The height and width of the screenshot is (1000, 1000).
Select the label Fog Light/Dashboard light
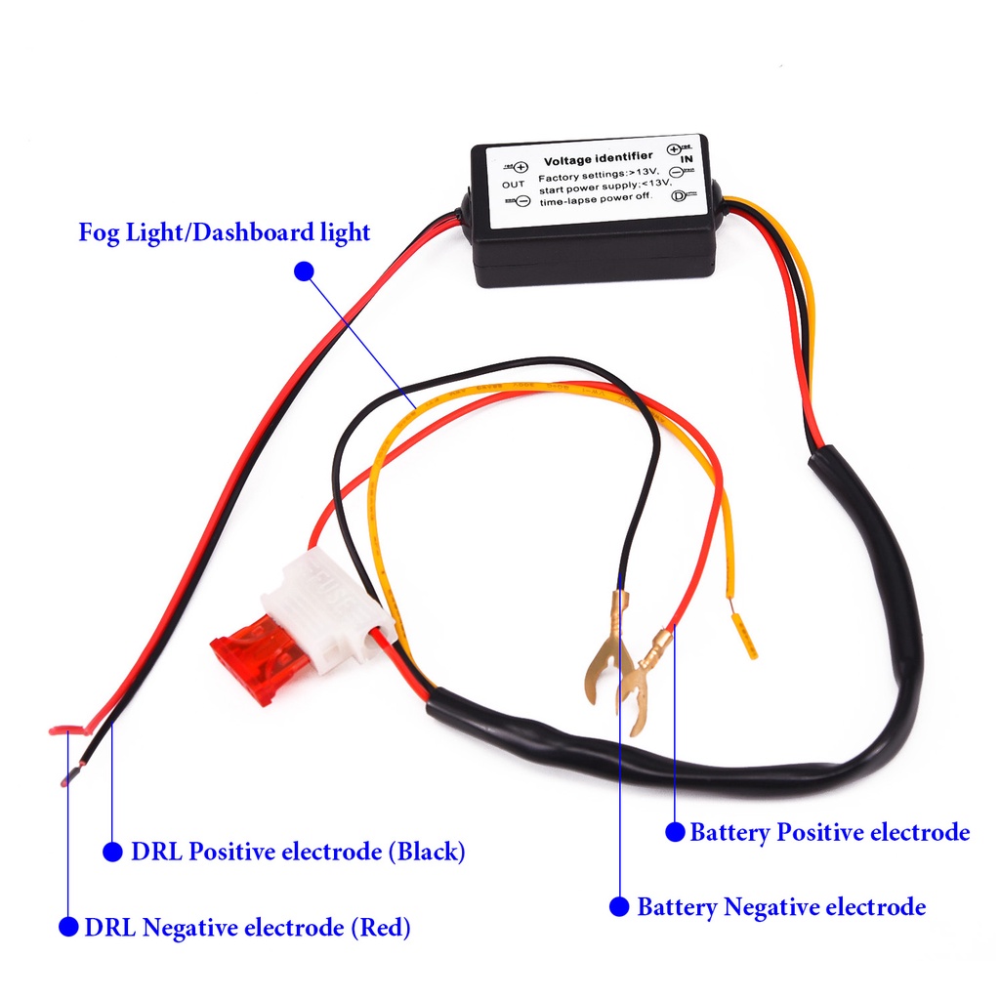pos(225,233)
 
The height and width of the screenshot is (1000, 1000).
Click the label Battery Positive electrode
pos(829,833)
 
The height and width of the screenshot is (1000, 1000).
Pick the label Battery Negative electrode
pos(781,907)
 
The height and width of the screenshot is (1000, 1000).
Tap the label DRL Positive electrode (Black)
pos(298,852)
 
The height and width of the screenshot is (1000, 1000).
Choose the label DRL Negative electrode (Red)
pos(247,927)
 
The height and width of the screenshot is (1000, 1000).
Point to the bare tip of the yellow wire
pos(746,635)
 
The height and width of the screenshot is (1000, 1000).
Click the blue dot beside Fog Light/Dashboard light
pos(304,271)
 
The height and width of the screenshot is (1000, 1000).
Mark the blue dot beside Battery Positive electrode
pos(675,832)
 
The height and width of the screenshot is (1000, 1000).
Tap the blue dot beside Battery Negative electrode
pos(619,907)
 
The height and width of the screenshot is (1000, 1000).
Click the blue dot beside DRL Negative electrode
pos(67,927)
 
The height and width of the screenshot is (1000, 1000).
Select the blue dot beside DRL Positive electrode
pos(113,852)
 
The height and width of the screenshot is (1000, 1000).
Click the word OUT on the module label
pos(513,184)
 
